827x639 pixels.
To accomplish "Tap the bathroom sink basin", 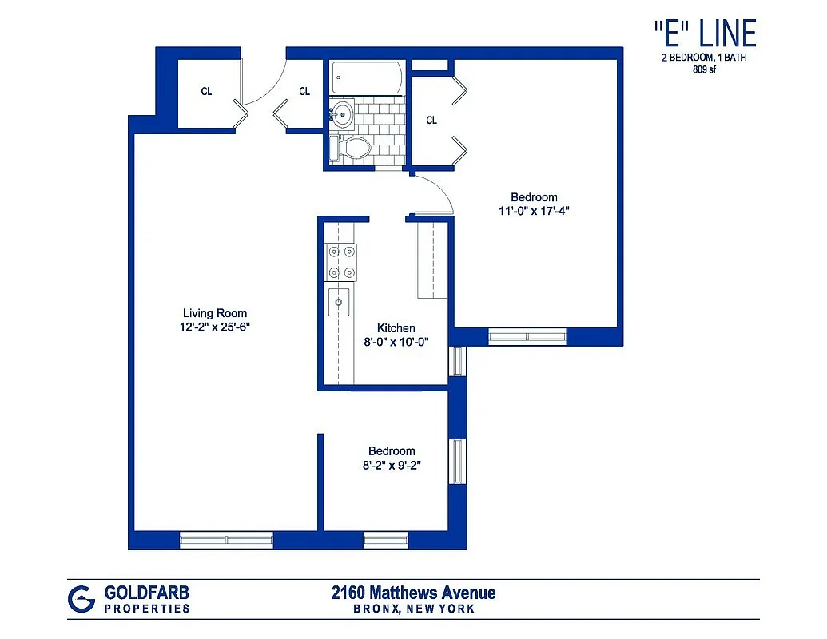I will pyautogui.click(x=344, y=115).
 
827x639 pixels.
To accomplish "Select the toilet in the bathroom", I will pyautogui.click(x=352, y=149).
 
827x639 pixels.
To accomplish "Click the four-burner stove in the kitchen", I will pyautogui.click(x=341, y=263).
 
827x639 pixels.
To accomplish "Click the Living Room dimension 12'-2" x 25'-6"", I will pyautogui.click(x=215, y=327).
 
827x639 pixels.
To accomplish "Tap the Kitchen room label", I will pyautogui.click(x=396, y=328).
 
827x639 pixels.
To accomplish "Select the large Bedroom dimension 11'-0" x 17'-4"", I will pyautogui.click(x=534, y=211).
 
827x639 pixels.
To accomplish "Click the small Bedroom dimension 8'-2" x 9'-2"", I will pyautogui.click(x=392, y=465).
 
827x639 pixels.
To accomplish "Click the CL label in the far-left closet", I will pyautogui.click(x=206, y=92).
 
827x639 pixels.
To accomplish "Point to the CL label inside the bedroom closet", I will pyautogui.click(x=431, y=121).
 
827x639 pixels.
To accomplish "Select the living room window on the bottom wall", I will pyautogui.click(x=227, y=541).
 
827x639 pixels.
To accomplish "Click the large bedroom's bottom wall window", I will pyautogui.click(x=527, y=337).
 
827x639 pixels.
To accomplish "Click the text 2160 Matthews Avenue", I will pyautogui.click(x=413, y=593).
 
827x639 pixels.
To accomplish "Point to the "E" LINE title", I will pyautogui.click(x=704, y=34).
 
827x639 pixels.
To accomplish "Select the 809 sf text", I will pyautogui.click(x=705, y=69).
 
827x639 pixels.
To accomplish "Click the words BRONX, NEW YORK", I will pyautogui.click(x=414, y=609).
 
